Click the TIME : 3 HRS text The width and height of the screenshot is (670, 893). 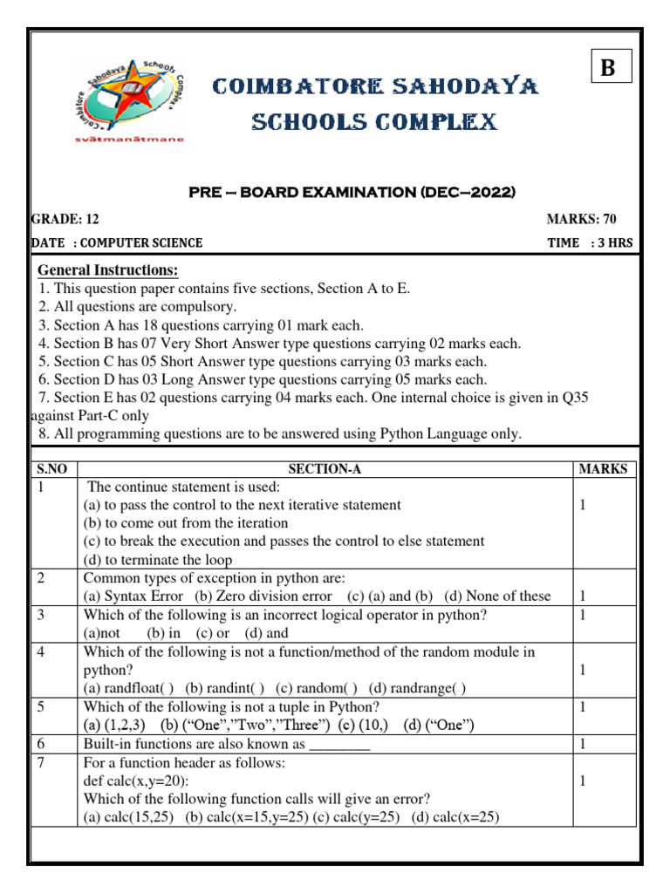click(590, 242)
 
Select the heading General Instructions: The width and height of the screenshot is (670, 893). click(107, 269)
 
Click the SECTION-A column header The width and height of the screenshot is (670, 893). click(325, 469)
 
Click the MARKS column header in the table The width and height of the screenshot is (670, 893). click(603, 469)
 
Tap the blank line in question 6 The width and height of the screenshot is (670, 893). click(340, 744)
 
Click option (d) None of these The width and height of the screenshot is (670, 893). click(497, 596)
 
